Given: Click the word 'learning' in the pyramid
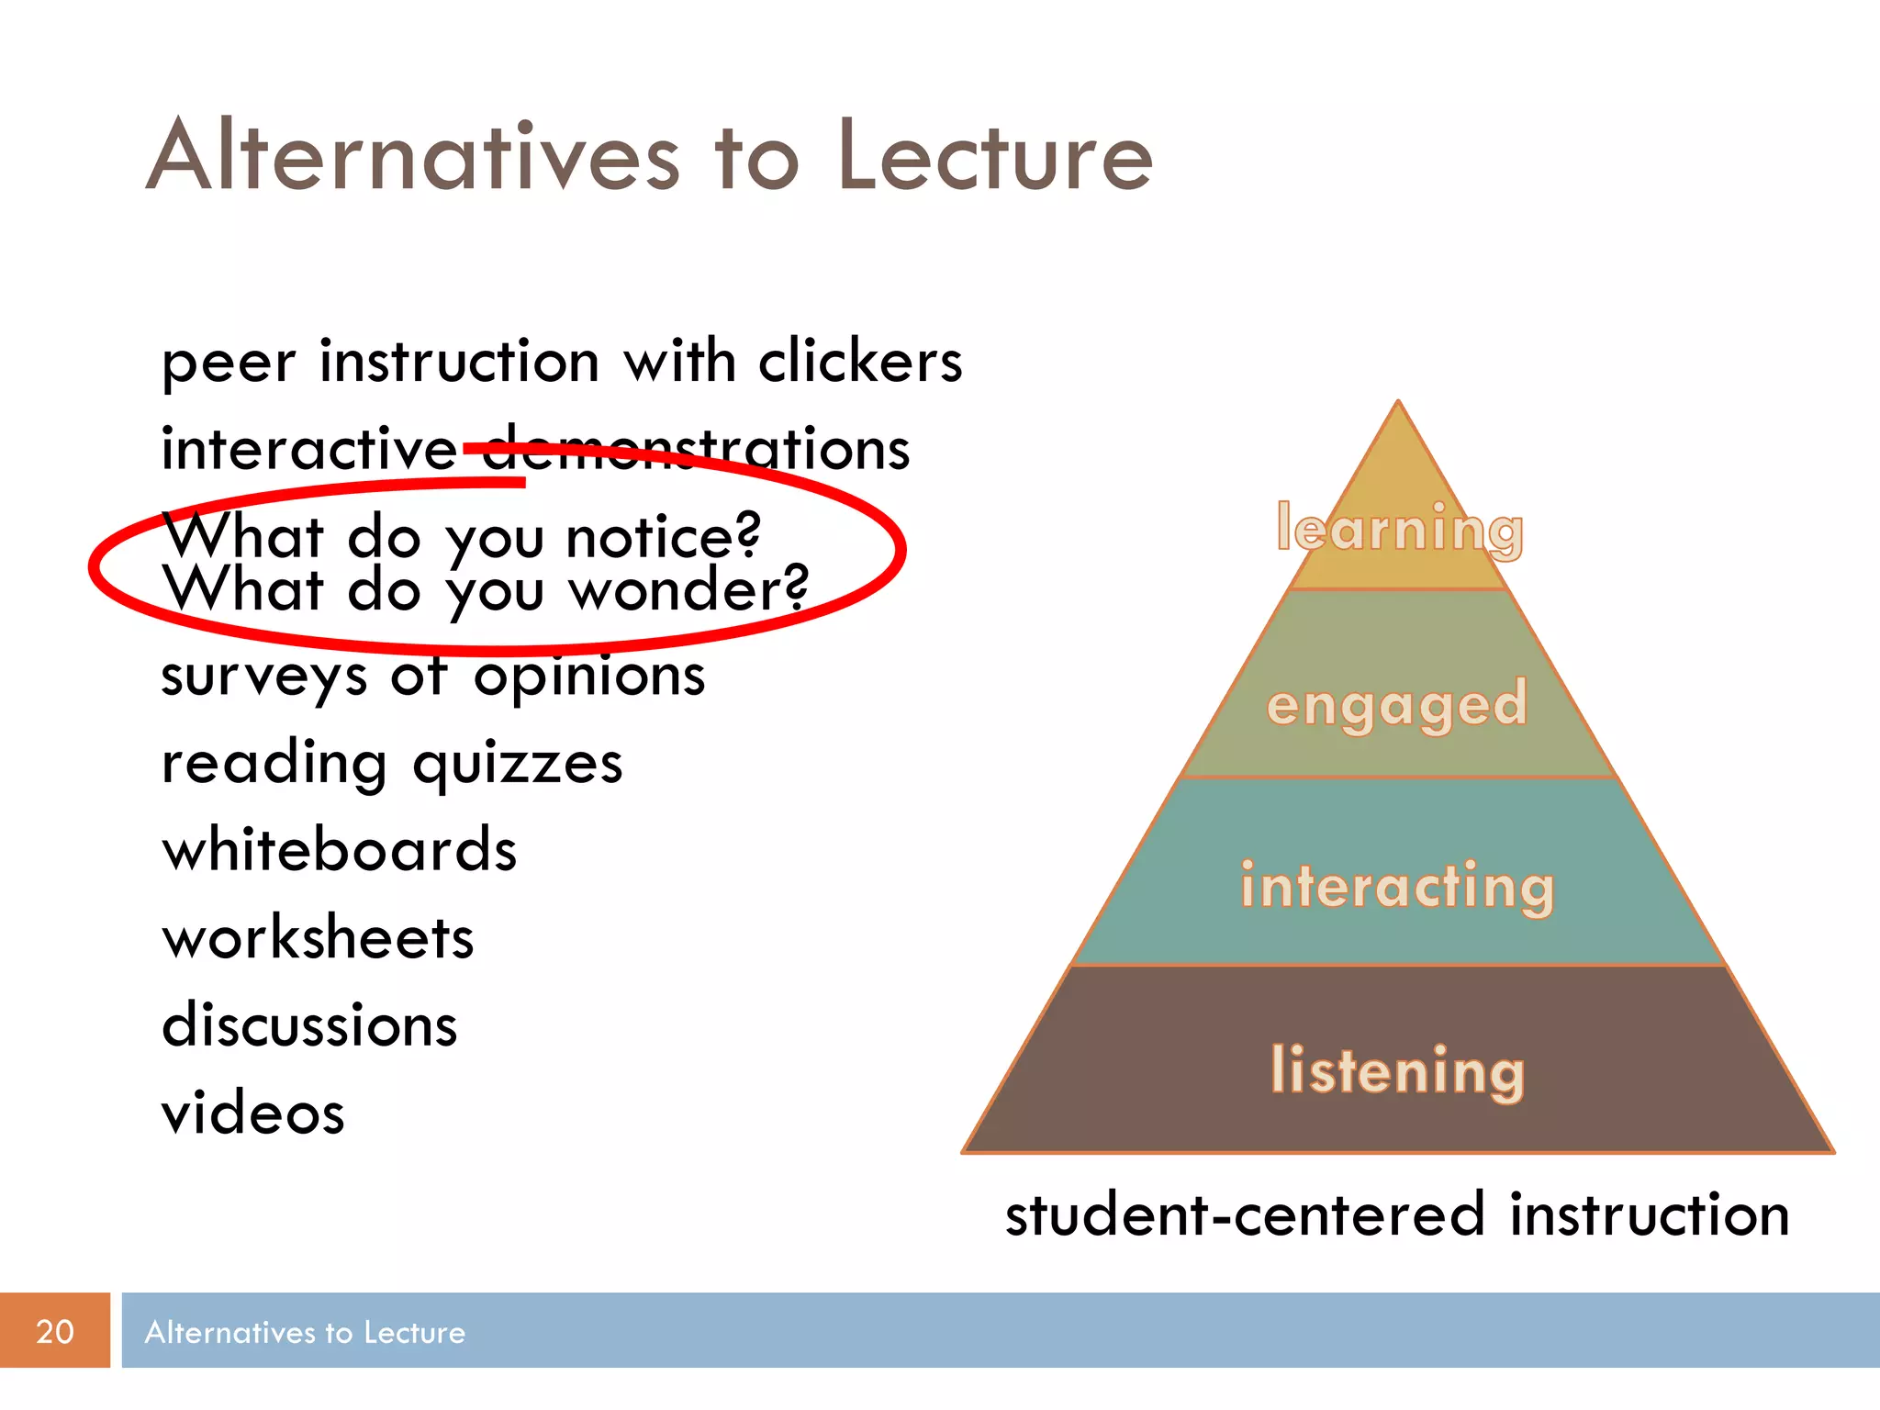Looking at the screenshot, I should pos(1399,530).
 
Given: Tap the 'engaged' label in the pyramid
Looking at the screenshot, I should pos(1396,705).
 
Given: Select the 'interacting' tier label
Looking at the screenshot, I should pos(1397,887).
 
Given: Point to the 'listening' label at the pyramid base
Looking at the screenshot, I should pos(1397,1070).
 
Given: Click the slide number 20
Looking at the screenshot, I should pos(54,1331).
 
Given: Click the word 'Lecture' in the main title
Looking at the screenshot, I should pos(995,156).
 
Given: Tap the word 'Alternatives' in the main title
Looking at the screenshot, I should pos(413,156).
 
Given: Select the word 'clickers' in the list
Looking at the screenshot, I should pos(860,360).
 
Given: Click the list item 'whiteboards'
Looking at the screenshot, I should pos(340,849).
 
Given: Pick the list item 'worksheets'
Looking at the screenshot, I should pos(318,937).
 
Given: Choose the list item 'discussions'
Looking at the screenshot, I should pos(309,1024).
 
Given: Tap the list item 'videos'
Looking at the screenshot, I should pos(253,1113).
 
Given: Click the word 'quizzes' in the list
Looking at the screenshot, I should pos(518,764).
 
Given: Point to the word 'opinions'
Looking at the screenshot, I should pos(589,677).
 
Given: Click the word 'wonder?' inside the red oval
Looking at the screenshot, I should pos(689,589).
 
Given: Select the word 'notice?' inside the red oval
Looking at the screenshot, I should pos(663,536).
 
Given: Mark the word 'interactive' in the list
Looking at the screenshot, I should pos(308,449).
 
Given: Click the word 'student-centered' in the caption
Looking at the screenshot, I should pos(1245,1214).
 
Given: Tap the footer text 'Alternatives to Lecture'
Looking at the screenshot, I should pos(305,1332).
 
